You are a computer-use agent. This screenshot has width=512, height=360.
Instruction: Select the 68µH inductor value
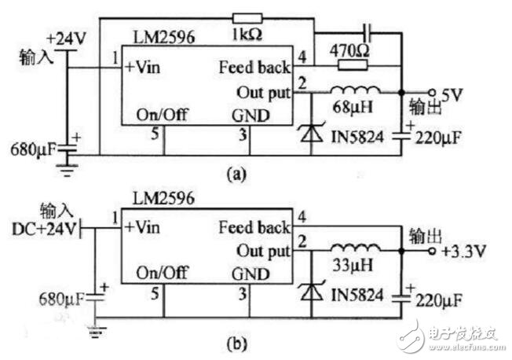353,105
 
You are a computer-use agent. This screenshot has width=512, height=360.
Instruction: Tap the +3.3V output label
459,252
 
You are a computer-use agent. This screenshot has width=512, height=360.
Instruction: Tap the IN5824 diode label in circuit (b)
362,298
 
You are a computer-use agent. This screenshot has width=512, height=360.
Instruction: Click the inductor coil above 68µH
352,90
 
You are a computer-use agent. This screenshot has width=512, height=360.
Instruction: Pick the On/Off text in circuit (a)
161,116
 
